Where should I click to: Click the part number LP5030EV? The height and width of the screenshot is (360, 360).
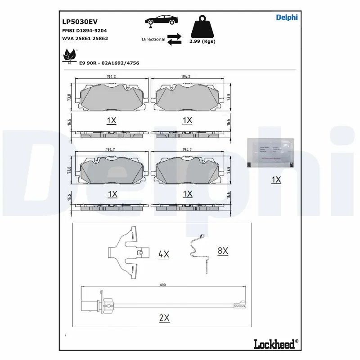coord(80,21)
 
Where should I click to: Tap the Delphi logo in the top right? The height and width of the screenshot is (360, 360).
coord(287,17)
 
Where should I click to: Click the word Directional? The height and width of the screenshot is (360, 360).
coord(153,40)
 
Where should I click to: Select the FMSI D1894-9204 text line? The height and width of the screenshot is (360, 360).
coord(84,30)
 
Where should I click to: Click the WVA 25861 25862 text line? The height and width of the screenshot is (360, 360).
coord(85,39)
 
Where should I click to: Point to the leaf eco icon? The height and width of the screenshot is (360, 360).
coord(69,57)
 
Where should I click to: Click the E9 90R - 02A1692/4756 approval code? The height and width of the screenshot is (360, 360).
coord(109,63)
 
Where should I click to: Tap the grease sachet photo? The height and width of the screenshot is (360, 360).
coord(270,153)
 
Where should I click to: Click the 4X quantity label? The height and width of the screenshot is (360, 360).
coord(164,254)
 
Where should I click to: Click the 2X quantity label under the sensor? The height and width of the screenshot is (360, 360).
coord(164,318)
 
